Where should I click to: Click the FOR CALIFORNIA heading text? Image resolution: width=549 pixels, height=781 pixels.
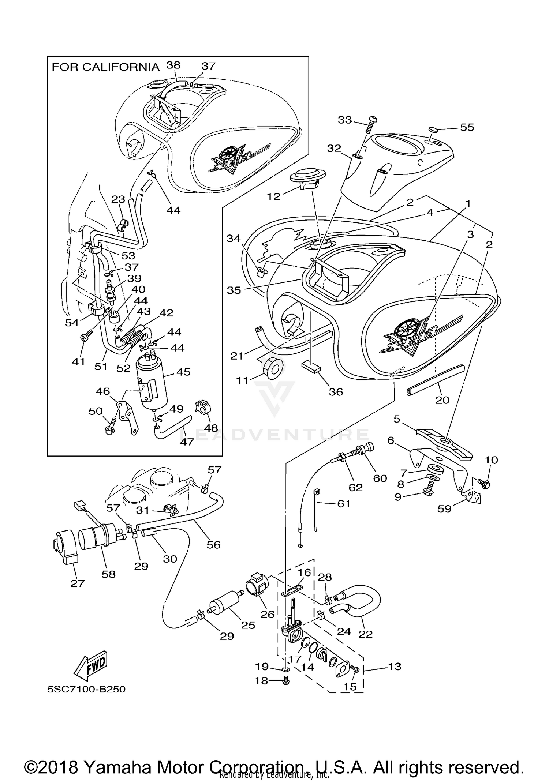point(105,67)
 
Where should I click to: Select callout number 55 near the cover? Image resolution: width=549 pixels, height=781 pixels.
point(467,127)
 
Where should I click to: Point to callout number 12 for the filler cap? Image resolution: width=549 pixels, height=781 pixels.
point(273,196)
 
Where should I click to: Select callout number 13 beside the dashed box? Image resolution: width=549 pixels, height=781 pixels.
point(395,667)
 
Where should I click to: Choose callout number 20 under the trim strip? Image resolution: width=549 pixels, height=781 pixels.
point(442,400)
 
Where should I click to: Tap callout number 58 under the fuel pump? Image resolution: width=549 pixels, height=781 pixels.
point(109,574)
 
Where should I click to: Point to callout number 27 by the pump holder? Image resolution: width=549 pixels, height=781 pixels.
point(78,583)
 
